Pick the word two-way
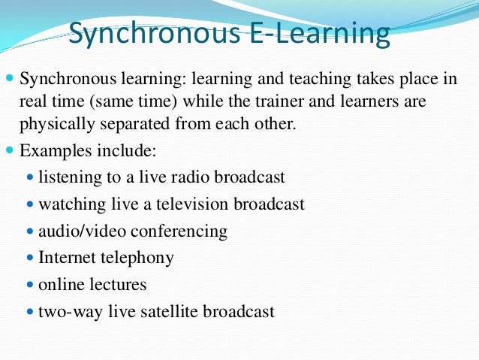coord(65,311)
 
